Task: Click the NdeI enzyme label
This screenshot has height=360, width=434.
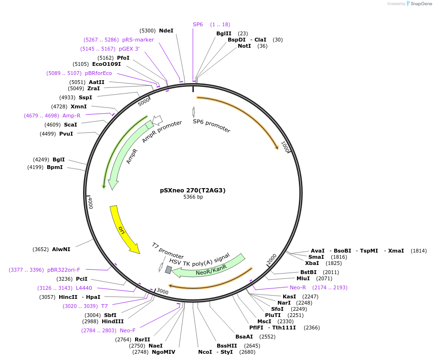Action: [166, 31]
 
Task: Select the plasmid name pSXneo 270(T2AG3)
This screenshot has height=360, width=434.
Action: [193, 190]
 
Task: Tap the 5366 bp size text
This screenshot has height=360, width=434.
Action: [193, 197]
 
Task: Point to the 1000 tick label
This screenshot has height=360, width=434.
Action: [285, 147]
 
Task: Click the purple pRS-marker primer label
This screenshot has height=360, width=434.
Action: [138, 40]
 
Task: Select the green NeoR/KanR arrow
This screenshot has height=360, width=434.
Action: [210, 266]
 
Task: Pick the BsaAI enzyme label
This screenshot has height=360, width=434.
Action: [244, 337]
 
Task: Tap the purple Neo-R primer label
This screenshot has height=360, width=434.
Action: [298, 287]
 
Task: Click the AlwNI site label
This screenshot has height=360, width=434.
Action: [61, 249]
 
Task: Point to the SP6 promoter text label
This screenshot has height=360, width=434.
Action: [212, 126]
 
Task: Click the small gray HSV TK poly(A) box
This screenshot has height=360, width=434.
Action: [168, 270]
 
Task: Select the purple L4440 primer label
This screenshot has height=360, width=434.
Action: [84, 288]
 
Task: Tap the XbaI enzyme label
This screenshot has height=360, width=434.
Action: [312, 263]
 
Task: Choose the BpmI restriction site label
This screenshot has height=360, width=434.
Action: [54, 167]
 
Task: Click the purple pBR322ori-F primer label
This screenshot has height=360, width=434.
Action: [64, 270]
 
